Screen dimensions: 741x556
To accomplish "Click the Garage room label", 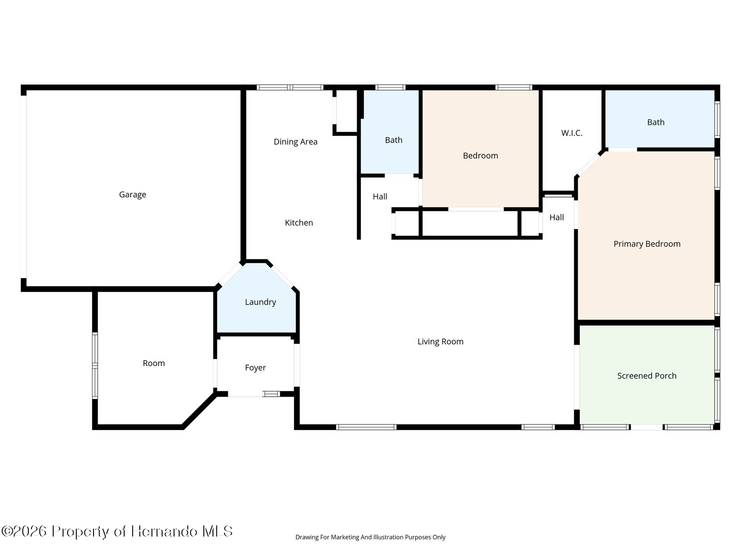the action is [132, 195].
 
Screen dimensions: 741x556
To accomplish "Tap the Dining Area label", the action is [295, 142].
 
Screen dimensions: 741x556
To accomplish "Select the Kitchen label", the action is [299, 223].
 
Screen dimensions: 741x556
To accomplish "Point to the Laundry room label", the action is [260, 302].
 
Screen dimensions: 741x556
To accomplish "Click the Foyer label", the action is [255, 367].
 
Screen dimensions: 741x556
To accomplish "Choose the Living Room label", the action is [440, 341].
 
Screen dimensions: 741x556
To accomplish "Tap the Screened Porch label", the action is [647, 376].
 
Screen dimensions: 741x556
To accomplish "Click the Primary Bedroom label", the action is [647, 244].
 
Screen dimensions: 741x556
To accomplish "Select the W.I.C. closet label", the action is [571, 133].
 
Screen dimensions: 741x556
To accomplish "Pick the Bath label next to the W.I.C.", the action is [656, 122].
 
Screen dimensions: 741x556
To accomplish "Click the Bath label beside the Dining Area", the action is [394, 140].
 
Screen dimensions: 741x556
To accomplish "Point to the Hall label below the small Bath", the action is [380, 196].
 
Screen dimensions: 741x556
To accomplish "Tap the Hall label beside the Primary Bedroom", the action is [556, 217].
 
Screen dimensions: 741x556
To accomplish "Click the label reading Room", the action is [154, 363].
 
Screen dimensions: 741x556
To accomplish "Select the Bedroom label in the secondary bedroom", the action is [480, 156].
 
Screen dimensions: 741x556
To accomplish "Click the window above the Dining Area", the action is [289, 88].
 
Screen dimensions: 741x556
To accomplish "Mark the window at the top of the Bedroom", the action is [514, 88].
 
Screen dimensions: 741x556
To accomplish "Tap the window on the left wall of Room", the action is [95, 366].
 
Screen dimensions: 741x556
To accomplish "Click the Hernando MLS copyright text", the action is [117, 531].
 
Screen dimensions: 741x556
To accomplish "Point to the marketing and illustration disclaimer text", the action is [370, 537].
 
